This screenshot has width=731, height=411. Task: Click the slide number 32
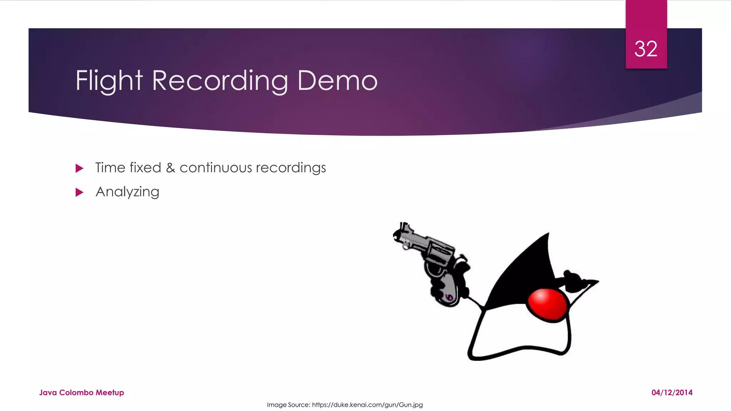point(646,49)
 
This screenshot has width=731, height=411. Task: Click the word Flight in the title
point(109,81)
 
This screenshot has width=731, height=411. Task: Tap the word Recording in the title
point(220,81)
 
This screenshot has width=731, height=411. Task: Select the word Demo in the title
point(337,81)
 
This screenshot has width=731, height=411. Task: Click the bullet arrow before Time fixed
point(79,168)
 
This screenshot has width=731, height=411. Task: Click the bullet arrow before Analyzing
point(79,193)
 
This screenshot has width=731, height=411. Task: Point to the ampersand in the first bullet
point(170,168)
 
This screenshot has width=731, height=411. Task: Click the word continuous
point(216,168)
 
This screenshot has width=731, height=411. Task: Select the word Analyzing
point(127,192)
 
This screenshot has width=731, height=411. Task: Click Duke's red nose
point(547,304)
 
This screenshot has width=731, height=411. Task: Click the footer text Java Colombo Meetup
point(81,392)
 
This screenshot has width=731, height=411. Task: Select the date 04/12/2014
point(672,392)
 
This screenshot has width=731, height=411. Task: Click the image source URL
point(367,405)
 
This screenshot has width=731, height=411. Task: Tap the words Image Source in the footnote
point(288,405)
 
